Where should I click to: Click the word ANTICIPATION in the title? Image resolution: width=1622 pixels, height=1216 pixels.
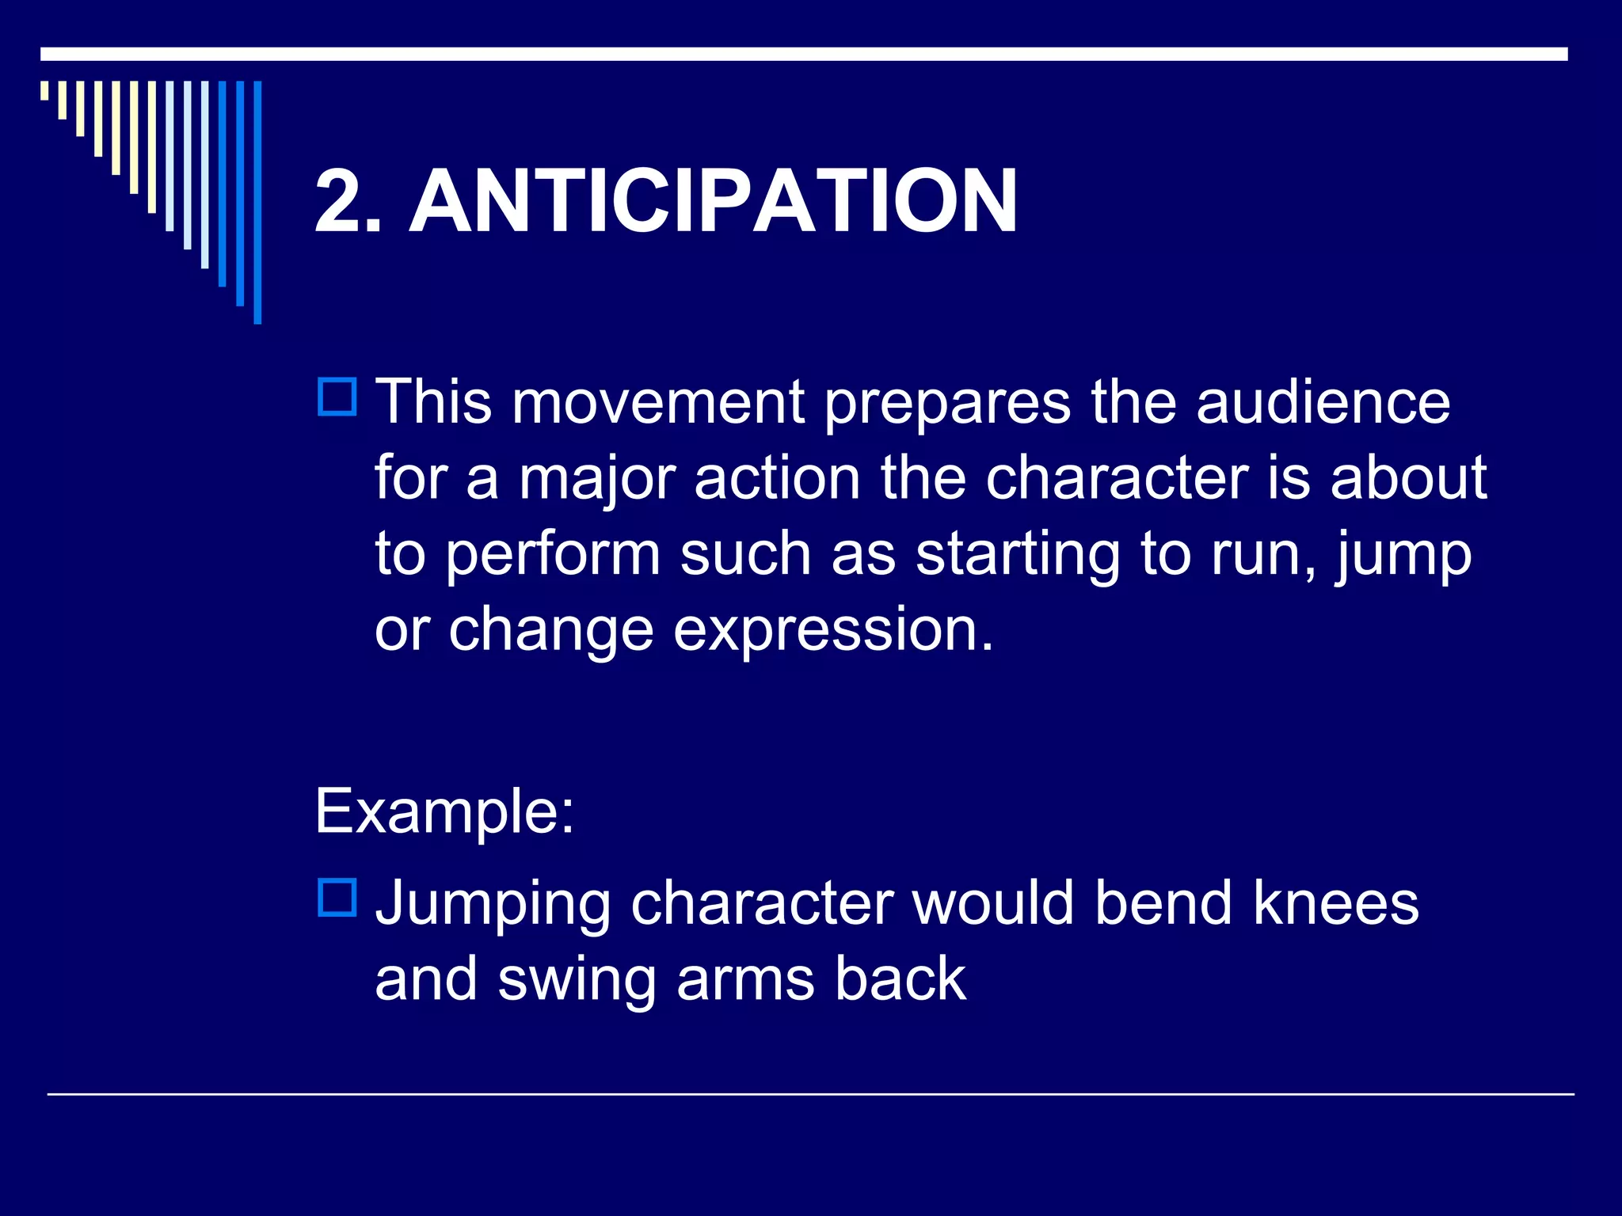713,202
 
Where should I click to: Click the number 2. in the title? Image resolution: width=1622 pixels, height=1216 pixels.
348,202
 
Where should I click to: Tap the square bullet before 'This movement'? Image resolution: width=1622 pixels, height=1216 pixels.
337,397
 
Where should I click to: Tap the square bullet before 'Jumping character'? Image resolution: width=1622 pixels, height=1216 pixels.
337,898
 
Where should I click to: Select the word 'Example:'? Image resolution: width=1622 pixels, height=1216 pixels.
444,812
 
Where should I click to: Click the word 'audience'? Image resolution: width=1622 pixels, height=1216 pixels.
1323,401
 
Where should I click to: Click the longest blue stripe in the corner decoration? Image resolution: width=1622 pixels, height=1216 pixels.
257,202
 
